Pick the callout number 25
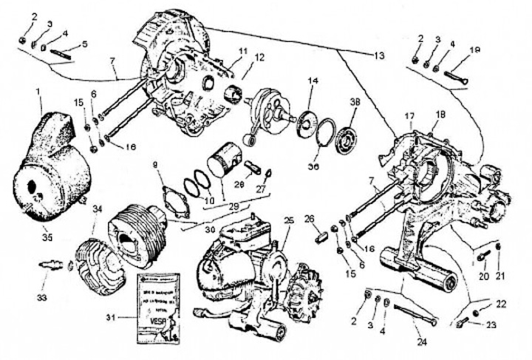[289, 221]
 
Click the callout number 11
[242, 50]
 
